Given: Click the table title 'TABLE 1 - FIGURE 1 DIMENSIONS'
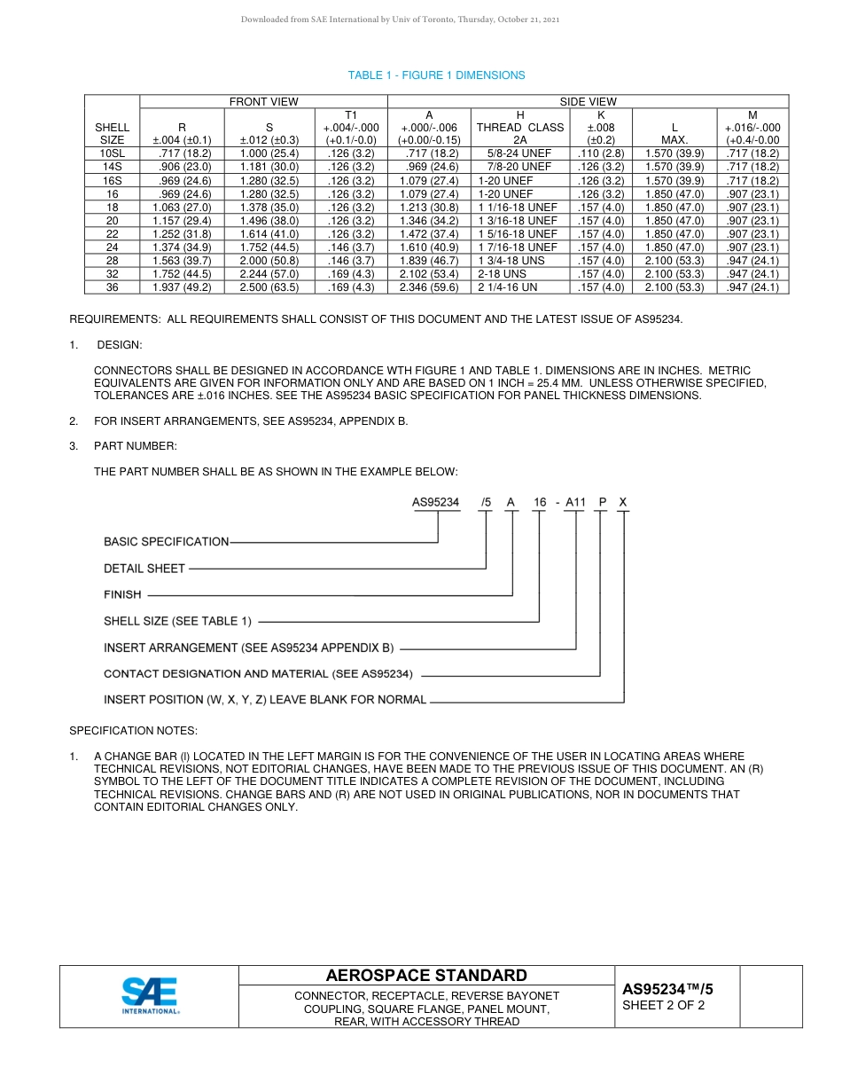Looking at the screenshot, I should pyautogui.click(x=436, y=75).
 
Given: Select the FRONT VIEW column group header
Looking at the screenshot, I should pyautogui.click(x=264, y=102).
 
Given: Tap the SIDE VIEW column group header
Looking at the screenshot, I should pyautogui.click(x=588, y=102).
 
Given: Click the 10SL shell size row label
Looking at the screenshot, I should pyautogui.click(x=112, y=153).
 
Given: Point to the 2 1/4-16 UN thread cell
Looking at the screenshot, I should pyautogui.click(x=508, y=287).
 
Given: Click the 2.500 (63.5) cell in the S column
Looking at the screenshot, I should pyautogui.click(x=269, y=287).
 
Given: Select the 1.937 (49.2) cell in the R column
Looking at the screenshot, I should pyautogui.click(x=182, y=287).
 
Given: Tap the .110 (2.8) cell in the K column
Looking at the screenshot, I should pyautogui.click(x=600, y=153).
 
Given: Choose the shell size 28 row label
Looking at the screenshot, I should pyautogui.click(x=112, y=261).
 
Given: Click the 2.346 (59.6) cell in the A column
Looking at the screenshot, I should pyautogui.click(x=430, y=287).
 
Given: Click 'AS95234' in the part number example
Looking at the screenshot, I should pyautogui.click(x=436, y=502).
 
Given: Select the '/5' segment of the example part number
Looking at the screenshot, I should pyautogui.click(x=486, y=502).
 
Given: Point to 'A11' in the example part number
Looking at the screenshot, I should pyautogui.click(x=576, y=502).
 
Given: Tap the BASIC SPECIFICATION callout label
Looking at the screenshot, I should pyautogui.click(x=166, y=541).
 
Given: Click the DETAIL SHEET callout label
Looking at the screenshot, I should pyautogui.click(x=144, y=569).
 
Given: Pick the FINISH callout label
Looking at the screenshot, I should pyautogui.click(x=122, y=594).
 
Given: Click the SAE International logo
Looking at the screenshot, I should pyautogui.click(x=151, y=996).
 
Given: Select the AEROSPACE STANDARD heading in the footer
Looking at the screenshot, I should pyautogui.click(x=426, y=976).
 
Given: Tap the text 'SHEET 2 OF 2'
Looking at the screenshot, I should pyautogui.click(x=664, y=1005).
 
